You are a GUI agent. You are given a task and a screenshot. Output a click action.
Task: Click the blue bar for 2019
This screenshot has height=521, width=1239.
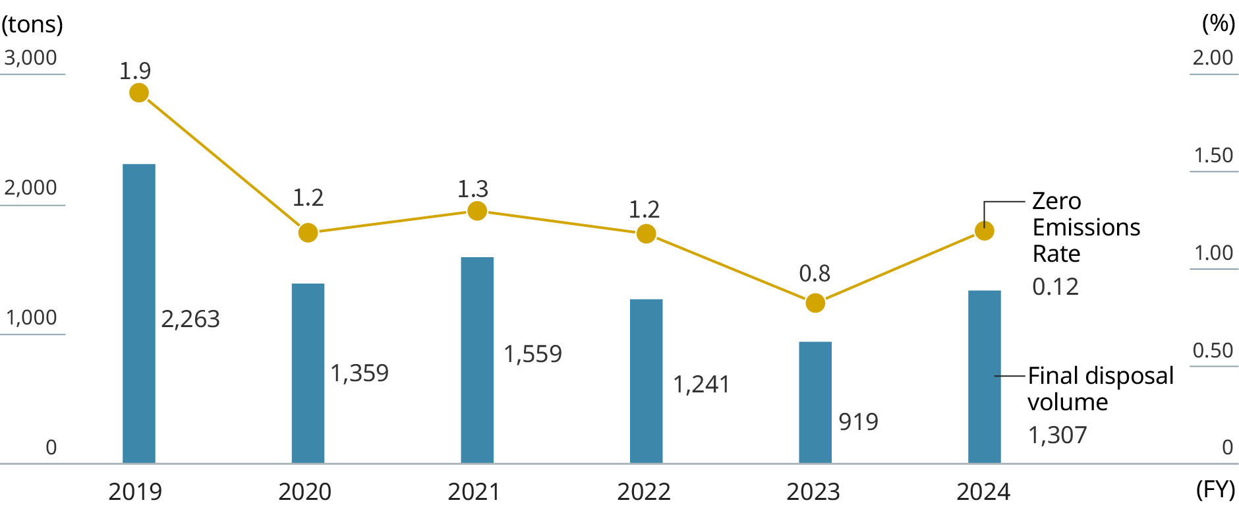click(139, 313)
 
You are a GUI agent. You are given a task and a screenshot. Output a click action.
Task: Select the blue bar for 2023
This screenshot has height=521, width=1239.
click(815, 402)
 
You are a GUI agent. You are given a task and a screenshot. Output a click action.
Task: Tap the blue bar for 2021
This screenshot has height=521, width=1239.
click(477, 360)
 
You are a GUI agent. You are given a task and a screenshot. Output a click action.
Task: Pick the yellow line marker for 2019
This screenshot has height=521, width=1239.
click(139, 93)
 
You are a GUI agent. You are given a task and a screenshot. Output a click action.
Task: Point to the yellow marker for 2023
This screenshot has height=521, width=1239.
click(815, 303)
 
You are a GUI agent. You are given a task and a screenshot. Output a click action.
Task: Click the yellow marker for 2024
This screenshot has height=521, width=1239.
click(984, 231)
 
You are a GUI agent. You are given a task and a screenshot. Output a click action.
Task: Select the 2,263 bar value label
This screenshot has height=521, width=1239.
click(190, 319)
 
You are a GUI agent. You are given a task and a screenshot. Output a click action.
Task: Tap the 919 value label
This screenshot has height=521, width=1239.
click(858, 422)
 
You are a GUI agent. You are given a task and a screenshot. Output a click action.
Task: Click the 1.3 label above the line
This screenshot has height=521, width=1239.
click(473, 189)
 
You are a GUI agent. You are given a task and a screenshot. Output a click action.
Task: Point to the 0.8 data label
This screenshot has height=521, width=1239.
click(815, 274)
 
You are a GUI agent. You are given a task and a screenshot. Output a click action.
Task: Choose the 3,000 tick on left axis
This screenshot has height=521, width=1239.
click(30, 58)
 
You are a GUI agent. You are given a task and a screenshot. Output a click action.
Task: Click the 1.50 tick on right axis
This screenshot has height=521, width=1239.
click(1213, 156)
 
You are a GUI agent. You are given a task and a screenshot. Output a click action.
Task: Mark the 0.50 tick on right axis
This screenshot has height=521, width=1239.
click(1213, 351)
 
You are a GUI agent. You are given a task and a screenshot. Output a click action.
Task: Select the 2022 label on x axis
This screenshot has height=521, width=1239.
click(643, 492)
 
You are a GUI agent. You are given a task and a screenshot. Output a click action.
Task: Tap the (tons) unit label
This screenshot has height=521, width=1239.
click(32, 24)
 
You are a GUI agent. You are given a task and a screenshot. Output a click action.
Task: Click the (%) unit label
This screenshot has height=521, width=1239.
click(1218, 24)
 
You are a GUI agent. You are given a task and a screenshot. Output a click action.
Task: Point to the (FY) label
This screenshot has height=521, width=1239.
click(1215, 490)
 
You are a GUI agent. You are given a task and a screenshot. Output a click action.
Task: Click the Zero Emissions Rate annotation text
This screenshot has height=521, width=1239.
click(1085, 228)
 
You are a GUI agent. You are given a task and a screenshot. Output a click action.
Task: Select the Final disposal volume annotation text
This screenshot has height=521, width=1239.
click(1100, 388)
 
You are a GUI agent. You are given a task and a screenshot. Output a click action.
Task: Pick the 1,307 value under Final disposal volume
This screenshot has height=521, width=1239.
click(1057, 435)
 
